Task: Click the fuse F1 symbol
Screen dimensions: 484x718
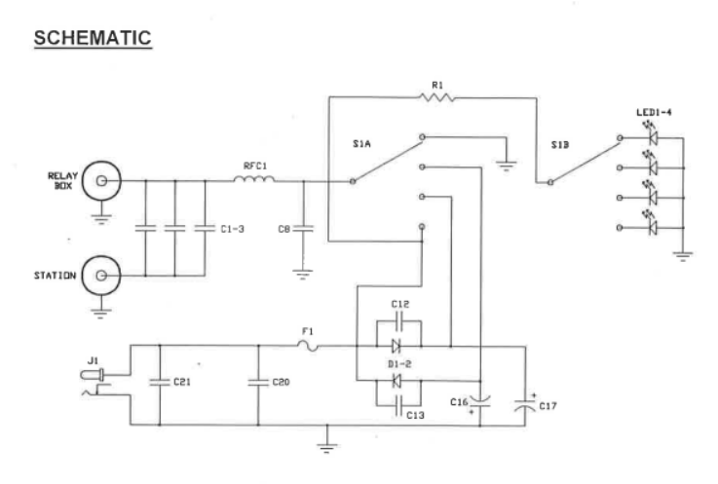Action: click(311, 345)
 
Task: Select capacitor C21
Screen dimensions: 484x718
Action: click(159, 382)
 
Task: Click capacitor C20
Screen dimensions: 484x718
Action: click(258, 382)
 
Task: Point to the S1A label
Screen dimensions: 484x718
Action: click(362, 143)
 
